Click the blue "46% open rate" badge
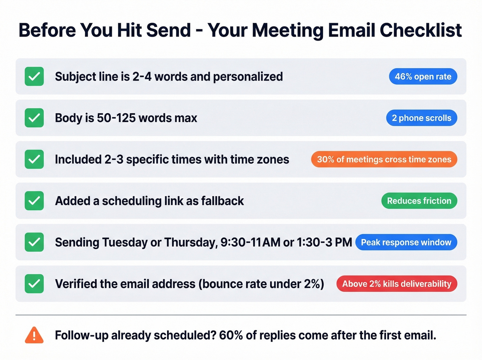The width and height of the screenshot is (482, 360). point(423,76)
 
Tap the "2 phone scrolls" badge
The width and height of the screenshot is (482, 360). point(421,118)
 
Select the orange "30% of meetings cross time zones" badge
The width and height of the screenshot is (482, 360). point(384,160)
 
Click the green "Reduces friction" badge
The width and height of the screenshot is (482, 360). point(419,201)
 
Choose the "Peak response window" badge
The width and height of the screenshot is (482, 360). point(406,242)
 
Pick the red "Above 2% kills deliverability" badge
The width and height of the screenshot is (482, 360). point(397,284)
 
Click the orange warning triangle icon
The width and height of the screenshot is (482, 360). point(34,335)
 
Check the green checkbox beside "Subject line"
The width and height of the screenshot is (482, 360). point(34,76)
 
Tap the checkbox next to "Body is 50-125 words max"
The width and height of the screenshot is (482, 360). point(34,118)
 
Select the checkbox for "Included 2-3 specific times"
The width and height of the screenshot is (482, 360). point(34,160)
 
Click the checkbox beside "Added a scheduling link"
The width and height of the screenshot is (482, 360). point(34,201)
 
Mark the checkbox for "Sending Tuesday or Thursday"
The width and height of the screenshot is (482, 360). point(34,242)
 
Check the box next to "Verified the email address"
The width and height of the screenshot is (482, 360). point(34,284)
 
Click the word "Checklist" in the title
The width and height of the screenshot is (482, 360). point(420,30)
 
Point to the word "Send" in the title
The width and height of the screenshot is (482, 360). point(168,30)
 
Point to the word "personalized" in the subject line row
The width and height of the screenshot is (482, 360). point(248,76)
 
